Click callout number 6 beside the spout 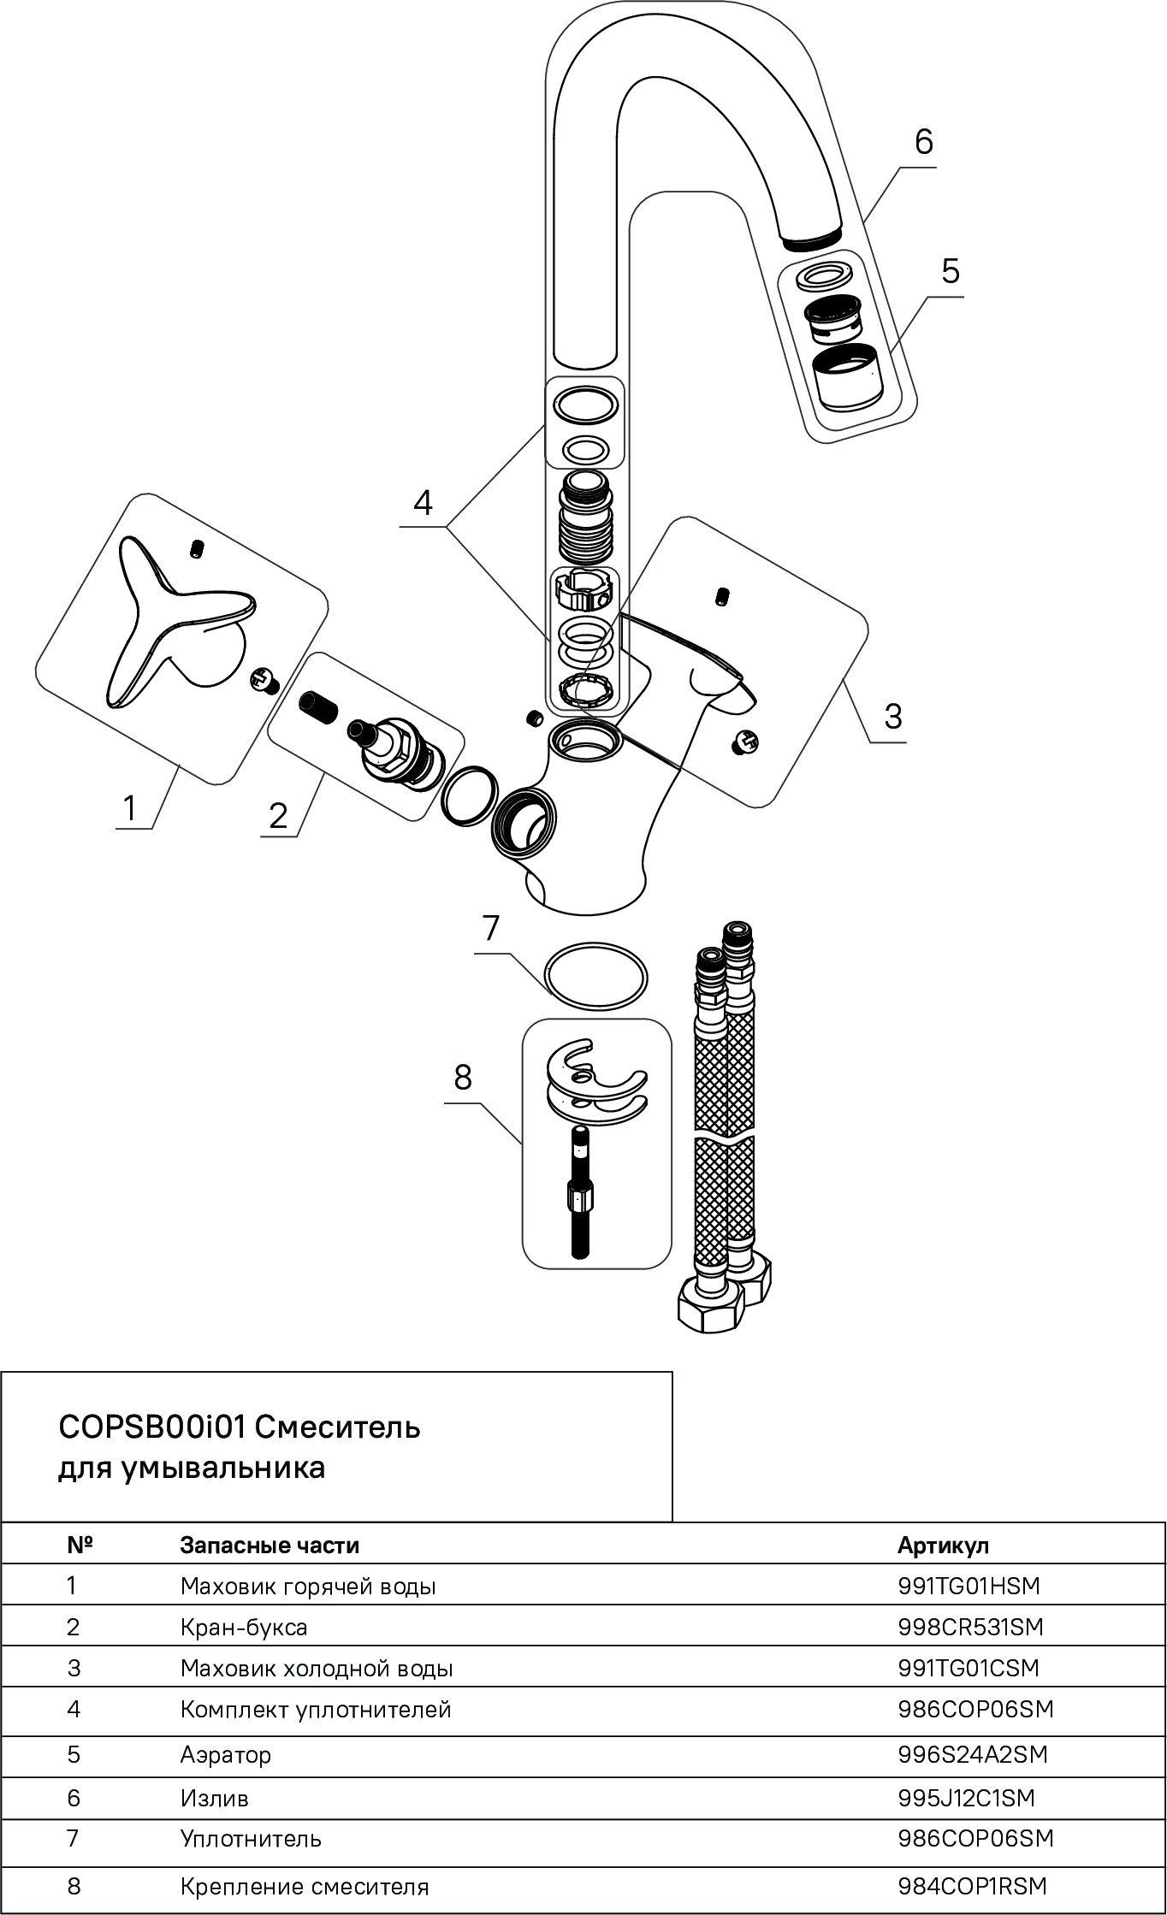pyautogui.click(x=923, y=142)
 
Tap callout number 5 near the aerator pyautogui.click(x=950, y=271)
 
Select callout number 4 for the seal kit pyautogui.click(x=423, y=503)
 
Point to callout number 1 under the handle pyautogui.click(x=129, y=807)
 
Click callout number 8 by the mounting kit pyautogui.click(x=463, y=1079)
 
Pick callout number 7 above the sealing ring pyautogui.click(x=490, y=929)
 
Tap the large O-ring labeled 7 pyautogui.click(x=595, y=977)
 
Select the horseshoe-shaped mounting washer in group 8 pyautogui.click(x=596, y=1085)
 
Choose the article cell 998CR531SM pyautogui.click(x=970, y=1627)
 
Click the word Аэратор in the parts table pyautogui.click(x=226, y=1755)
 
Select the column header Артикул pyautogui.click(x=943, y=1545)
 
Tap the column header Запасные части pyautogui.click(x=270, y=1545)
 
